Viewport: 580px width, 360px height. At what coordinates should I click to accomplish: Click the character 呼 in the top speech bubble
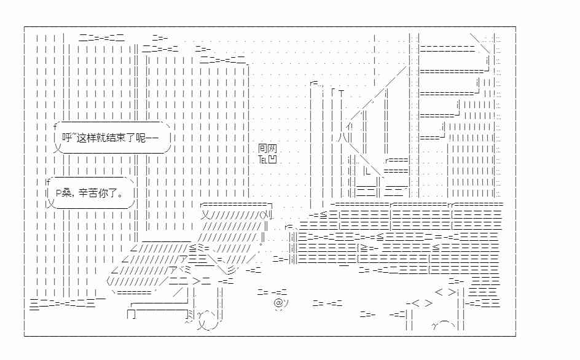[66, 138]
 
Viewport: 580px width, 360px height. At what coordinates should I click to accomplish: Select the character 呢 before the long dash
[141, 138]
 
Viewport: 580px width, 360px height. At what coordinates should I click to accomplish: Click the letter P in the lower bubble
[58, 193]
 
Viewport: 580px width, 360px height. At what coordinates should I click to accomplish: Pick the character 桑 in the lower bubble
[66, 193]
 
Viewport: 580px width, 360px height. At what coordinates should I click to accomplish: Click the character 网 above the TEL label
[273, 149]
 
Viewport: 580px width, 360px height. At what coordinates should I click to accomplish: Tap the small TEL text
[262, 160]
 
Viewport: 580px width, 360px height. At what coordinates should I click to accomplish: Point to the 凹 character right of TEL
[272, 160]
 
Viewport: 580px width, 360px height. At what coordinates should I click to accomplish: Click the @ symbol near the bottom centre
[278, 303]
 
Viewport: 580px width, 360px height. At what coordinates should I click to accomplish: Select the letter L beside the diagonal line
[367, 171]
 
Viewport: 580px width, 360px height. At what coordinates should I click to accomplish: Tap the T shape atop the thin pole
[341, 92]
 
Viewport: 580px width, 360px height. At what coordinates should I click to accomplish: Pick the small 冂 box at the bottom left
[131, 315]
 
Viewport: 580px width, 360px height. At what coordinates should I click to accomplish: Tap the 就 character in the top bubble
[101, 138]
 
